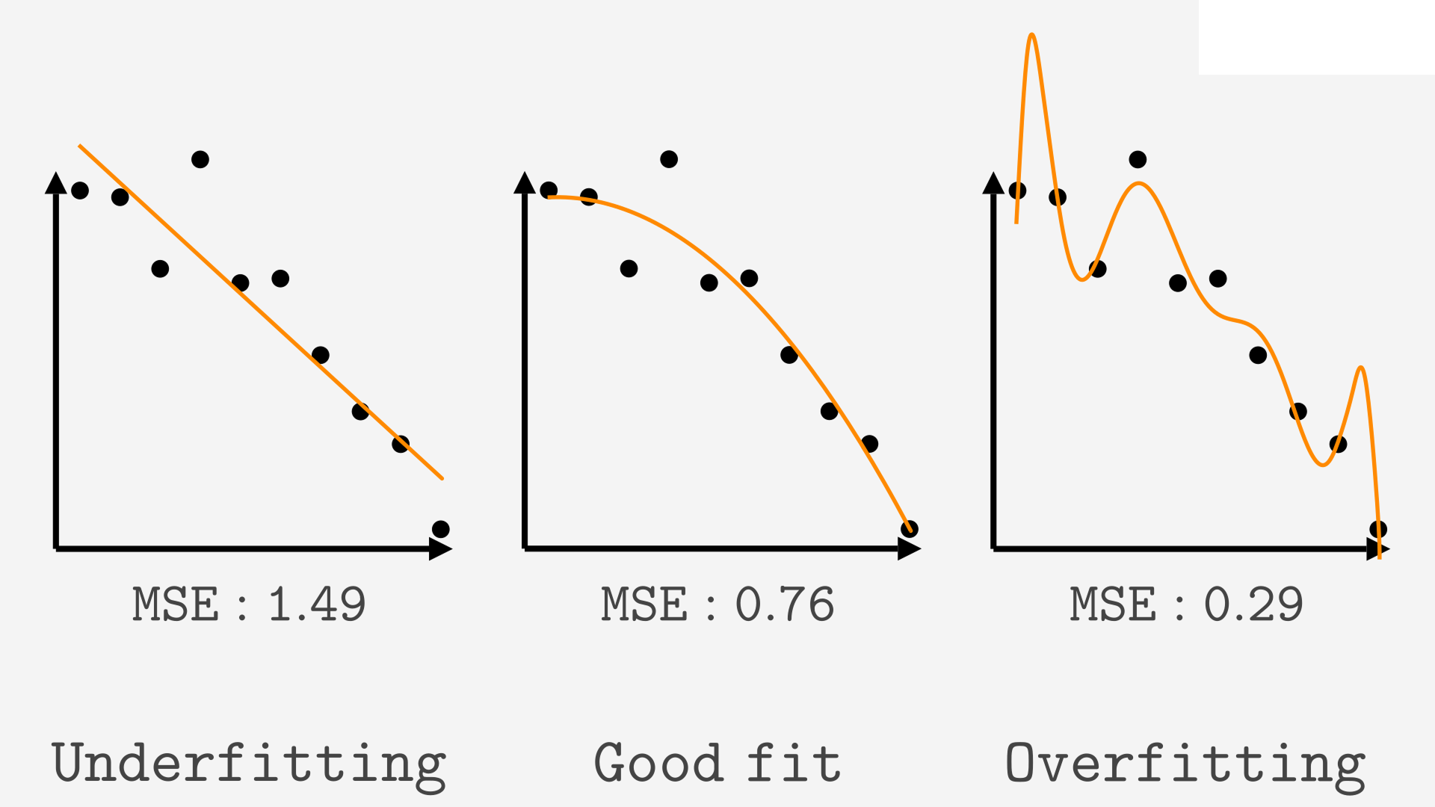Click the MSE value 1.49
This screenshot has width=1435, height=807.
click(x=317, y=604)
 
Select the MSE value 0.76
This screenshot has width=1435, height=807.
click(x=785, y=604)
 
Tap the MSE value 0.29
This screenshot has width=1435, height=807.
click(x=1253, y=604)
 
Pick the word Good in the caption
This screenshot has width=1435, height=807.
click(x=658, y=763)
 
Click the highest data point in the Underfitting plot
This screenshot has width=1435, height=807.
click(x=200, y=159)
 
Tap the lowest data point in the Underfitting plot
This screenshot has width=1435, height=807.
click(x=441, y=529)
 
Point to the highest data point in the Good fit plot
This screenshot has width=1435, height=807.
click(x=669, y=159)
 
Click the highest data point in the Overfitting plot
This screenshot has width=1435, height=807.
click(x=1138, y=159)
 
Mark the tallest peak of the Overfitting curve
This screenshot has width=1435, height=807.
click(x=1031, y=34)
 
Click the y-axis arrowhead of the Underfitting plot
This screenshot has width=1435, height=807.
click(x=56, y=182)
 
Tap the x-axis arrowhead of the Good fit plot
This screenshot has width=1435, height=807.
click(x=910, y=548)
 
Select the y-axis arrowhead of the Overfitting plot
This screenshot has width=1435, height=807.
click(x=993, y=182)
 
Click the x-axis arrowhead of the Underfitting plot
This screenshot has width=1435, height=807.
click(x=441, y=548)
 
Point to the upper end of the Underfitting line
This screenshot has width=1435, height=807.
click(x=79, y=146)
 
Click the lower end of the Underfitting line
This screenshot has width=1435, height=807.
click(x=442, y=478)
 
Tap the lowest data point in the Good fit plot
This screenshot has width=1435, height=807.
click(x=910, y=529)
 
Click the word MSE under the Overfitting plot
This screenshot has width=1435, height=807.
click(x=1113, y=604)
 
